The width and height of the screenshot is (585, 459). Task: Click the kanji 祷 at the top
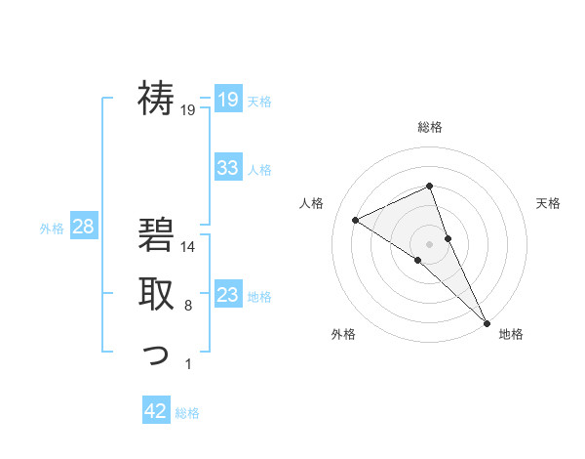coord(156,98)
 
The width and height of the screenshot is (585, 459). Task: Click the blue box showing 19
coord(227,99)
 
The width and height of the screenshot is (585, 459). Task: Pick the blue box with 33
coord(227,167)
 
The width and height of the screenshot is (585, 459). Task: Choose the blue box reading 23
coord(227,294)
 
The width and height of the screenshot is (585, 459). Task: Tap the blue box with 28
coord(83,227)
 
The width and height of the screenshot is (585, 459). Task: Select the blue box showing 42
coord(156,411)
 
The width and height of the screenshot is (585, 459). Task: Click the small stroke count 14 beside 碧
coord(189,248)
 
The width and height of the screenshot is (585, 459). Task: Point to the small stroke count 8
coord(188,307)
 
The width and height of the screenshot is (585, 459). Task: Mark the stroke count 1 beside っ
coord(188,365)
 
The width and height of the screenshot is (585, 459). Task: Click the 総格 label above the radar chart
coord(430,127)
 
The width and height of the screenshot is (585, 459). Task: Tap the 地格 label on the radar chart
coord(511,334)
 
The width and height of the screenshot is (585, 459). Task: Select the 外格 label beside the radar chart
coord(343,334)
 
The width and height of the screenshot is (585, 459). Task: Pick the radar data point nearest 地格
coord(487,322)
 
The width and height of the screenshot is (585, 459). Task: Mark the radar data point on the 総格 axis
coord(430,187)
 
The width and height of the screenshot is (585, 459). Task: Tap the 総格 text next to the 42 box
coord(187,413)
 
